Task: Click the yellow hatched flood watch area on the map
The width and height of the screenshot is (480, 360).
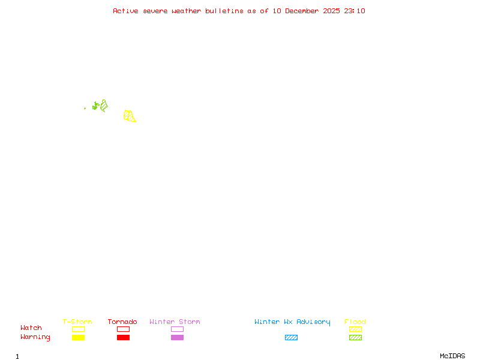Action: point(129,116)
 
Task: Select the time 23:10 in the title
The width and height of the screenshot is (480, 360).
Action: point(355,11)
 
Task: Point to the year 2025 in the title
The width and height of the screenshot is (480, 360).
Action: point(332,11)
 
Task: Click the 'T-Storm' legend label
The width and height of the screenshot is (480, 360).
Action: point(77,322)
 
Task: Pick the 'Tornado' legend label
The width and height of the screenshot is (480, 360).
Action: point(122,322)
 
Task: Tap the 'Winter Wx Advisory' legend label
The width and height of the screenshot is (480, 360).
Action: point(292,322)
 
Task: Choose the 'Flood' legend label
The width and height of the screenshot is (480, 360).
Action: point(355,322)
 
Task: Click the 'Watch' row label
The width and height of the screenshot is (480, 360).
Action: point(31,328)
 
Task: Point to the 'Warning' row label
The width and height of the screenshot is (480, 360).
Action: point(35,337)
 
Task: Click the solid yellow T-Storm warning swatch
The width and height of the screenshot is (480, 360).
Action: point(78,338)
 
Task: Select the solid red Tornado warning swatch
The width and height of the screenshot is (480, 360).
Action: point(123,338)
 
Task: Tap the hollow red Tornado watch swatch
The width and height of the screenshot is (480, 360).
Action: point(123,329)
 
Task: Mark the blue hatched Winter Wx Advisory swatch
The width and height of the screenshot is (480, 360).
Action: point(291,338)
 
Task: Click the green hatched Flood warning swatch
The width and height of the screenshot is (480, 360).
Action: point(355,338)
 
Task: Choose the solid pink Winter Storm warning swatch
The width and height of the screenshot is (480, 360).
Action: point(177,338)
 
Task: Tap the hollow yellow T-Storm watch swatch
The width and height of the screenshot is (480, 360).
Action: point(78,329)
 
